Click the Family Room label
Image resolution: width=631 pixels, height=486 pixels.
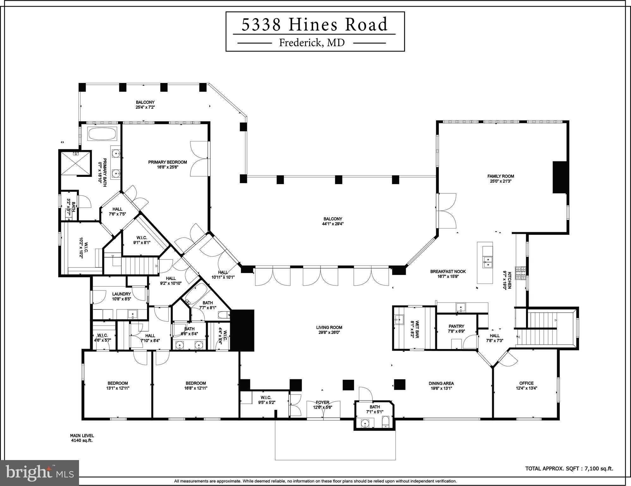click(500, 176)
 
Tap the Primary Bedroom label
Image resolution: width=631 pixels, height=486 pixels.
click(168, 162)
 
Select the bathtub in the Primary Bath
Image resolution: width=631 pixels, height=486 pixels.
click(102, 134)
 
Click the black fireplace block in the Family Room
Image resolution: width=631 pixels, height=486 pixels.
click(560, 177)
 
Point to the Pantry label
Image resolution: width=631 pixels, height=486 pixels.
click(456, 326)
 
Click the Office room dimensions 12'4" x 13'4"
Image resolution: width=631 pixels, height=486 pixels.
click(526, 388)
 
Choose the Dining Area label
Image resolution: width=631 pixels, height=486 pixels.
click(441, 383)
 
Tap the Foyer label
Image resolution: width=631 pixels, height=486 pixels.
click(322, 402)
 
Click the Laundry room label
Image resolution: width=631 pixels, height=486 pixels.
click(121, 294)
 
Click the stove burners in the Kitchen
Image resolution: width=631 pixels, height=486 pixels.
click(520, 273)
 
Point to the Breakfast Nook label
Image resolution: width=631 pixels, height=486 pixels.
click(448, 271)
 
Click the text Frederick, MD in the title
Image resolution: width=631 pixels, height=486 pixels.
click(312, 43)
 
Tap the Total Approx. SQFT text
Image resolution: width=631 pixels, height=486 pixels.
click(569, 469)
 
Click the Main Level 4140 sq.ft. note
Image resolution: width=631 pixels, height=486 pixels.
click(82, 438)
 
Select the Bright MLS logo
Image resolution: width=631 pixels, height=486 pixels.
click(40, 472)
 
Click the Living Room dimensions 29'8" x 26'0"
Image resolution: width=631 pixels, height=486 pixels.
click(329, 333)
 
